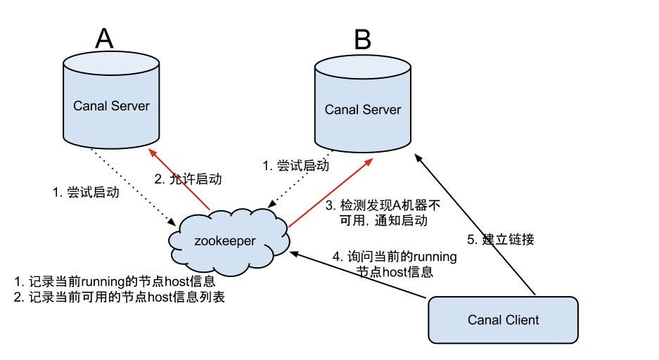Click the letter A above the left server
click(x=103, y=39)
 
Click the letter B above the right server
click(x=362, y=40)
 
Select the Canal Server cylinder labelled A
click(x=111, y=106)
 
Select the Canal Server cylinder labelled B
click(x=362, y=110)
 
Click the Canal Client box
click(x=503, y=320)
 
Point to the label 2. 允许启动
click(x=187, y=179)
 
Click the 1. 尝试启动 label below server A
click(x=86, y=193)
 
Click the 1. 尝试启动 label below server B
click(x=295, y=166)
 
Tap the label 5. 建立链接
click(x=501, y=239)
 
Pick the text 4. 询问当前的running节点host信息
click(x=395, y=264)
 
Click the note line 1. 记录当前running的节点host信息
click(x=114, y=282)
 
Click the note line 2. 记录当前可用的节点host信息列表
click(x=120, y=297)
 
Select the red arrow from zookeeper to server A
click(x=181, y=179)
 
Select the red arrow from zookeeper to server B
click(x=329, y=193)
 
